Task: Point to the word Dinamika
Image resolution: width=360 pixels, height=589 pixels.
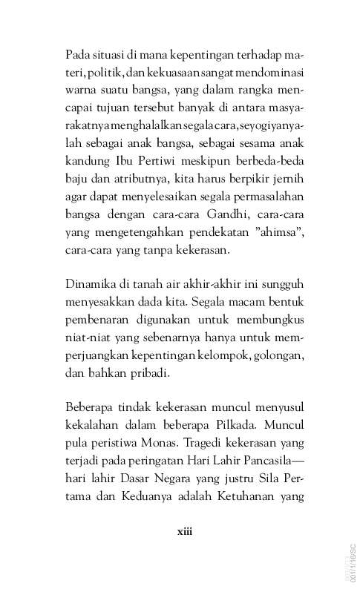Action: pos(93,283)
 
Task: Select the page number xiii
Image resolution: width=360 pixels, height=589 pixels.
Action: pos(184,531)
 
